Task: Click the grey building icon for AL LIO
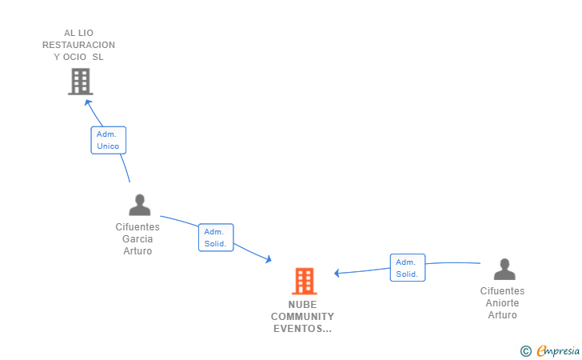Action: point(81,82)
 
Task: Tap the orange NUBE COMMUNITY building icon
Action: point(305,281)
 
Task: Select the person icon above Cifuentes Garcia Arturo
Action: point(140,205)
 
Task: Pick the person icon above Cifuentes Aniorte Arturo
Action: point(504,269)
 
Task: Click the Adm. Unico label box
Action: point(109,140)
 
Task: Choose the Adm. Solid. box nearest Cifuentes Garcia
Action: point(216,238)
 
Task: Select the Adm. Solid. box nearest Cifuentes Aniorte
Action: point(408,267)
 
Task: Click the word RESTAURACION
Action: point(78,45)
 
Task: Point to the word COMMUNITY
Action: point(302,317)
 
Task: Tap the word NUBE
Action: point(302,305)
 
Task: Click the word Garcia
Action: point(138,239)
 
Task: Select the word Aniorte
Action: point(502,302)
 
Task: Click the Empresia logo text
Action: point(558,350)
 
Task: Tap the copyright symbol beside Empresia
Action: point(526,351)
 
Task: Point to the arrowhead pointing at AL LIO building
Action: point(88,102)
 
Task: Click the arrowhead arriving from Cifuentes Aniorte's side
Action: point(337,273)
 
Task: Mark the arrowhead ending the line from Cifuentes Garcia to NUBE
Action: point(269,259)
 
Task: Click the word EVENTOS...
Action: point(298,329)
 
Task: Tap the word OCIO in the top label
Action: point(74,57)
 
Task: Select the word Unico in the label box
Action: point(108,146)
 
